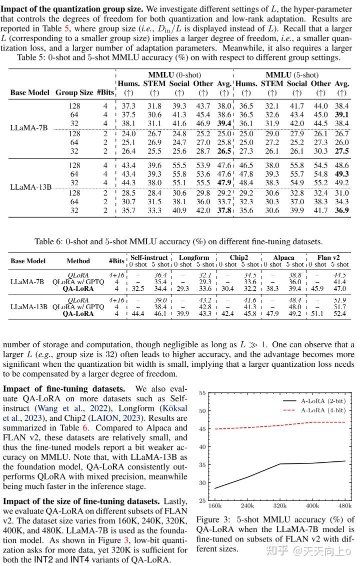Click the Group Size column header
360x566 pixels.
tap(74, 93)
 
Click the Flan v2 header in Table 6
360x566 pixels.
tap(328, 257)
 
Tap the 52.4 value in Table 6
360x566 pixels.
tap(339, 313)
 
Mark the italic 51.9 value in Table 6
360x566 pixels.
tap(339, 299)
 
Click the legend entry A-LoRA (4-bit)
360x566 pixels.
tap(322, 410)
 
